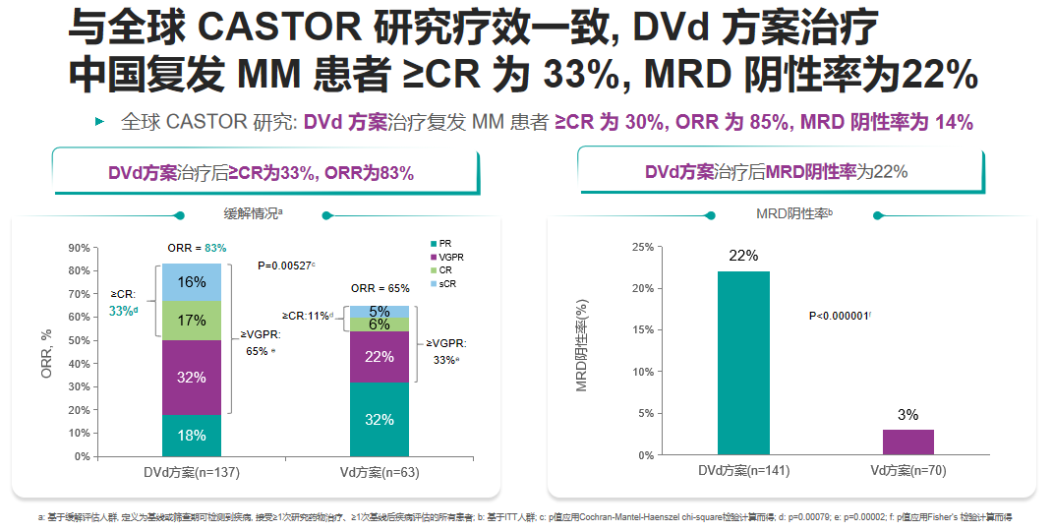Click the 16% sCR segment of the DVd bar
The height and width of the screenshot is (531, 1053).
[192, 282]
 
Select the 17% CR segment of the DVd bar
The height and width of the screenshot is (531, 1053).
[192, 321]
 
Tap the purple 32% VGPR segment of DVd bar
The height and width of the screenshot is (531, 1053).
[192, 377]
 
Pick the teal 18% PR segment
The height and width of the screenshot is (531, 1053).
[192, 436]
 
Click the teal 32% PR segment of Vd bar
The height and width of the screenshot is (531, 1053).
[380, 420]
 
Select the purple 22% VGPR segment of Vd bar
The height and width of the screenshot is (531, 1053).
[380, 357]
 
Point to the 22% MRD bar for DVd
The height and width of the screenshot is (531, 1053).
[743, 363]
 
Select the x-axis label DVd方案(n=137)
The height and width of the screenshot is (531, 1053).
[193, 472]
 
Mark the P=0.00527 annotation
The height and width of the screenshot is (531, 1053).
[286, 265]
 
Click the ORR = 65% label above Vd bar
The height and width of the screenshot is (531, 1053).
[380, 289]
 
